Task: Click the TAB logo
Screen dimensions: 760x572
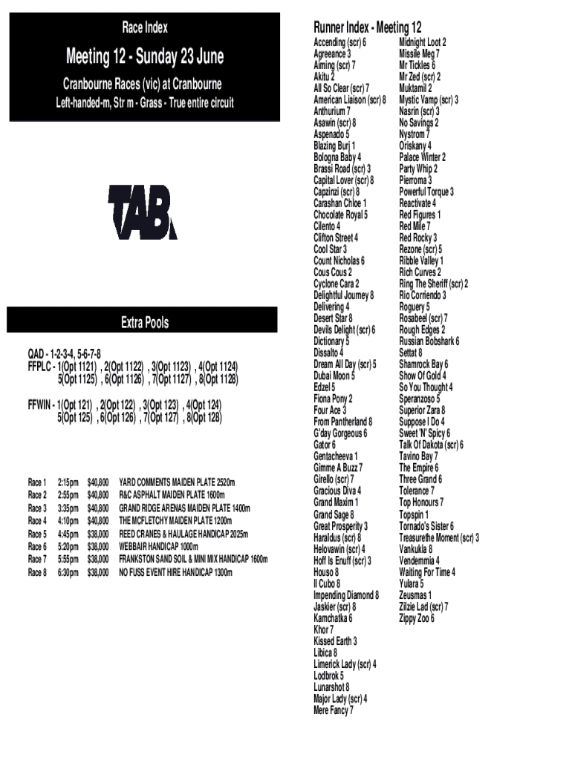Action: [143, 212]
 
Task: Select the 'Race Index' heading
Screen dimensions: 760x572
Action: [144, 28]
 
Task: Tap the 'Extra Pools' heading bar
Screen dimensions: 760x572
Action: [144, 323]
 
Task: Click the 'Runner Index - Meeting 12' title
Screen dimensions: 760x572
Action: [368, 28]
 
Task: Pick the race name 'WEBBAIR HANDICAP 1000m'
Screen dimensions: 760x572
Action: [159, 547]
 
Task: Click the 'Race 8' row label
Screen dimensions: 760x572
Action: [37, 573]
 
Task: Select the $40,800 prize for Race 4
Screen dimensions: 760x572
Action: [98, 521]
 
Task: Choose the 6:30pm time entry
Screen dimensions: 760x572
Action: [68, 573]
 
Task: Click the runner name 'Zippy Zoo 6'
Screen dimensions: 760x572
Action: [417, 618]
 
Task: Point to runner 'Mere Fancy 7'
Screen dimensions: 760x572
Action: [334, 710]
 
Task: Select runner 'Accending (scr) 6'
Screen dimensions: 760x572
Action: [339, 42]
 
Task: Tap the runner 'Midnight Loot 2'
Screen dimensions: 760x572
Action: [423, 42]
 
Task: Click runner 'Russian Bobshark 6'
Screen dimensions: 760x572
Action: [429, 341]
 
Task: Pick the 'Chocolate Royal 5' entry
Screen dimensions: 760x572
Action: [340, 214]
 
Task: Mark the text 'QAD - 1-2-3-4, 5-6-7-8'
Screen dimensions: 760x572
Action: [64, 353]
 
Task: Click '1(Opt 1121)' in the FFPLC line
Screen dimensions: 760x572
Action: [77, 366]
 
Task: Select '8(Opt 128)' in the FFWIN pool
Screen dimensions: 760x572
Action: [204, 417]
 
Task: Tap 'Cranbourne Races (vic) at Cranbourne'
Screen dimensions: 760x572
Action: [142, 84]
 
